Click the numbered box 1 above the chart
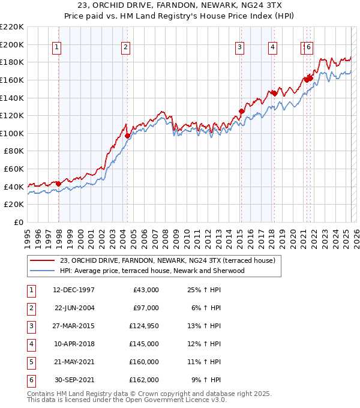click(x=56, y=47)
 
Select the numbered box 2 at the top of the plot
click(x=125, y=47)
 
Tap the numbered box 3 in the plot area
click(x=239, y=47)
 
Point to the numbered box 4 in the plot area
click(x=272, y=47)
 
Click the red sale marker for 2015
click(x=241, y=111)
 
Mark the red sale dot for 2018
click(x=274, y=93)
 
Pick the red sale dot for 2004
click(x=127, y=136)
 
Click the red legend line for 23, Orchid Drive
click(x=43, y=261)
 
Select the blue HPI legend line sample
click(x=43, y=271)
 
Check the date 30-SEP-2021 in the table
click(x=74, y=380)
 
